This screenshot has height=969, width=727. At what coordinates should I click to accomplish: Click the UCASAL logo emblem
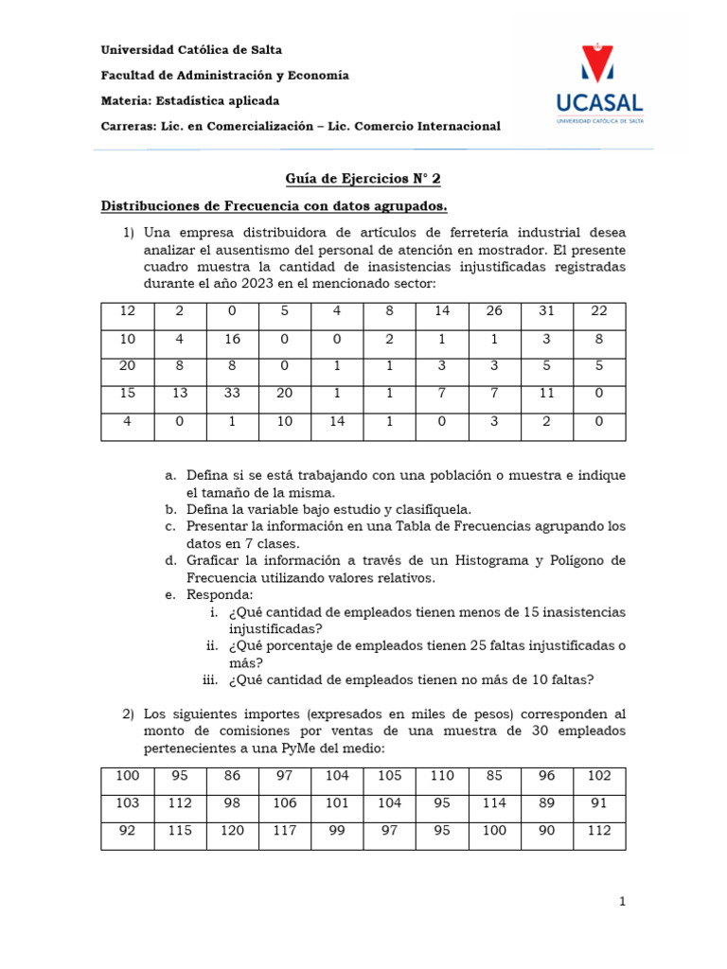[x=595, y=62]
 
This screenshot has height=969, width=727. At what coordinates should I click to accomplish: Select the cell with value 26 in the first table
[x=494, y=312]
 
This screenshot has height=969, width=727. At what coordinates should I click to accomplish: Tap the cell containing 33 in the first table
[x=232, y=393]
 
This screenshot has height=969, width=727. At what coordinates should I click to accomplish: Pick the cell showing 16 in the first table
[x=232, y=339]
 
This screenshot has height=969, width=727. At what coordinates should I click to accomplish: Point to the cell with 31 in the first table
[x=546, y=312]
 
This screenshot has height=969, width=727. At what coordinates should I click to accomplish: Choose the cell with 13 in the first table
[x=180, y=393]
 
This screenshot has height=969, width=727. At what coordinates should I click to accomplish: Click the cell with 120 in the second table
[x=232, y=830]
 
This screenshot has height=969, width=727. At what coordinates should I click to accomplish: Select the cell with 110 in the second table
[x=442, y=776]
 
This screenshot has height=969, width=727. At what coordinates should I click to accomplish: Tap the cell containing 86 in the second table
[x=232, y=776]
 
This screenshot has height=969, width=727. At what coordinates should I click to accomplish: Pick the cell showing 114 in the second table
[x=494, y=802]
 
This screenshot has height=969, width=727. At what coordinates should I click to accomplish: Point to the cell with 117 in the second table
[x=284, y=830]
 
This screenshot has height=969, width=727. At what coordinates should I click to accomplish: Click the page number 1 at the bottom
[x=622, y=903]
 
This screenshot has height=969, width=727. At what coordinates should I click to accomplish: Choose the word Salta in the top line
[x=262, y=49]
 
